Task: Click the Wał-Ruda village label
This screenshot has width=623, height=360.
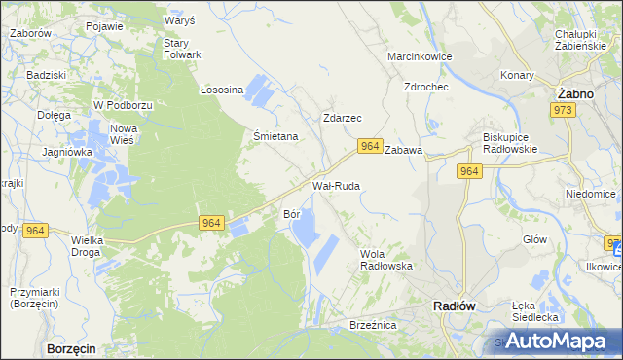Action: (336, 185)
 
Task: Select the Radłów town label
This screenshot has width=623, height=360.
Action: (453, 305)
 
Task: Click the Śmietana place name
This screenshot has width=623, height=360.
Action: (275, 137)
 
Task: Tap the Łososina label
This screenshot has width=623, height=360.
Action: (221, 90)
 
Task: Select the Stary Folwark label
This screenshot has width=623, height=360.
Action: (181, 49)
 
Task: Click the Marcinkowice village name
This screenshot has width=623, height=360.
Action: (420, 56)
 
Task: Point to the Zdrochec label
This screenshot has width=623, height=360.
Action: (425, 86)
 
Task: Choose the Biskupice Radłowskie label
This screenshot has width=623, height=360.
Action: (510, 143)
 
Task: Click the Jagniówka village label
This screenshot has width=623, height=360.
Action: (66, 152)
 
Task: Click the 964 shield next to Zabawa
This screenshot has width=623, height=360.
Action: (369, 146)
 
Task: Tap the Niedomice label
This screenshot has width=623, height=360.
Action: (591, 194)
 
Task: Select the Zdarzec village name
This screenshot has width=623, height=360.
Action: (342, 118)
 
